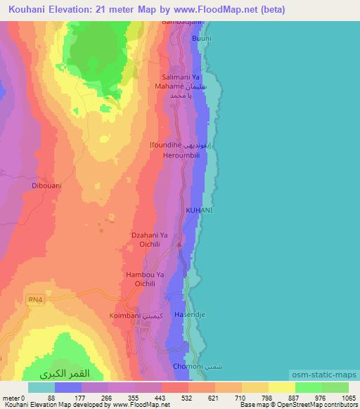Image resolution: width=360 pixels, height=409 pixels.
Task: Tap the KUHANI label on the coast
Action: tap(199, 210)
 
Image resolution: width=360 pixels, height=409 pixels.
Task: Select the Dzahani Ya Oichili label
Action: tap(150, 240)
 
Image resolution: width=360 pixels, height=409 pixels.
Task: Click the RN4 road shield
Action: tap(35, 299)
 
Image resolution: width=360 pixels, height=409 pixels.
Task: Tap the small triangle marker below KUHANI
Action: tap(180, 245)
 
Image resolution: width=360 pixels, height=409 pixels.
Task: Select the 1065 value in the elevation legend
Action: tap(340, 397)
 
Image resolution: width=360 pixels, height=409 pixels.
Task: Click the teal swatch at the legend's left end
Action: tap(41, 387)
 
